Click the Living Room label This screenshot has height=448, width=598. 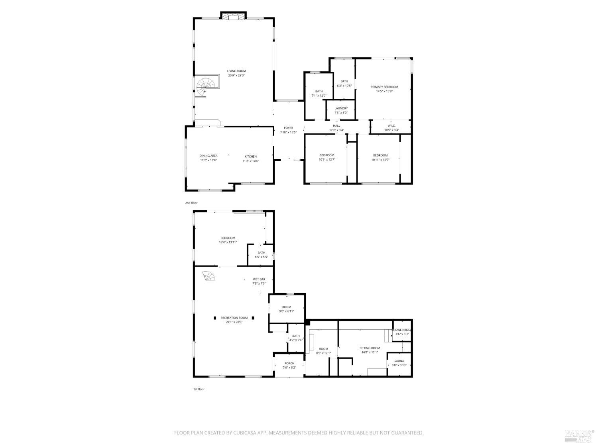click(236, 71)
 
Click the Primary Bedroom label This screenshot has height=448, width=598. click(384, 87)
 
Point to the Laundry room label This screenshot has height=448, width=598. click(341, 108)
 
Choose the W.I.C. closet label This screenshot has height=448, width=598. click(391, 126)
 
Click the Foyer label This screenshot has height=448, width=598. click(288, 128)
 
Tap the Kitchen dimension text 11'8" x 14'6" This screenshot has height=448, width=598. click(251, 161)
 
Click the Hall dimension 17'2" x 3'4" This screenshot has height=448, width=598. click(336, 130)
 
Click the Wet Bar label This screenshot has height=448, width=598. click(259, 279)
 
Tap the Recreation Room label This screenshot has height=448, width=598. click(234, 318)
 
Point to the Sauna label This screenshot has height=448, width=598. click(399, 361)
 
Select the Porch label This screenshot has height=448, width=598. click(289, 363)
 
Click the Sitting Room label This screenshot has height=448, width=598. click(370, 348)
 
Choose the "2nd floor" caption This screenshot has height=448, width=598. click(191, 203)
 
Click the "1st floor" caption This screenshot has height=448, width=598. click(199, 389)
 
